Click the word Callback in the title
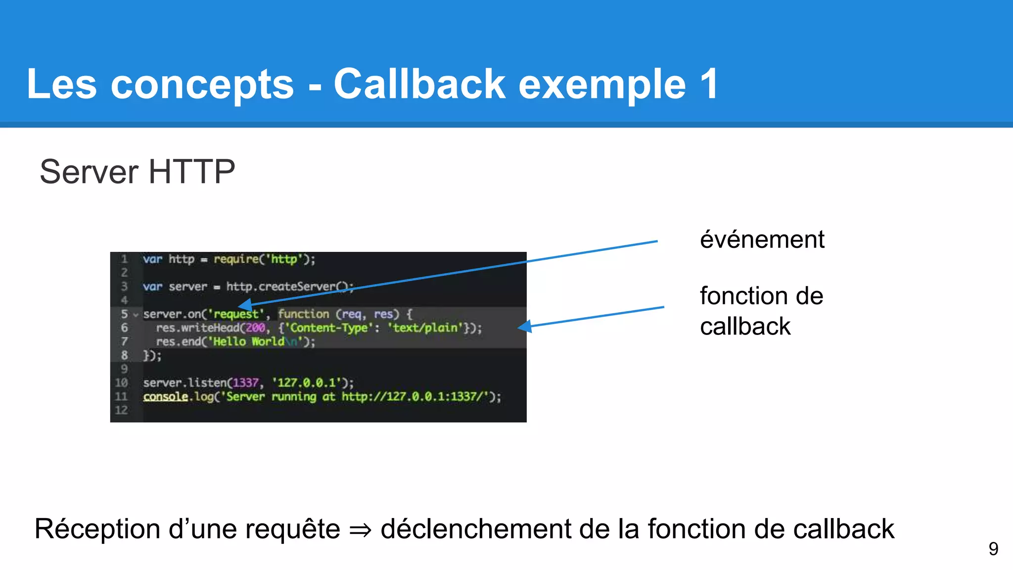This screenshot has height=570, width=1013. coord(419,84)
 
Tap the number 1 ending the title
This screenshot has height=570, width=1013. coord(708,84)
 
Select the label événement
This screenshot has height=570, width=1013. coord(762,240)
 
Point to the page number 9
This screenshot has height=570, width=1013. coord(993,549)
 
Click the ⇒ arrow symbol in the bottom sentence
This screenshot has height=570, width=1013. coord(360,530)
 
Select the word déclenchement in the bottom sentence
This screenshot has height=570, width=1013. coord(475,529)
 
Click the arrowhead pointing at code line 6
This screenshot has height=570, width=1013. coord(525,326)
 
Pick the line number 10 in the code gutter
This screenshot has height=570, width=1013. coord(121,382)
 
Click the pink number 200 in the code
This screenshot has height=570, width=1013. coord(256,328)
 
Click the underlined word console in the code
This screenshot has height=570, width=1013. coord(166,396)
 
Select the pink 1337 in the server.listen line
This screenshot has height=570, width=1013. coord(245,382)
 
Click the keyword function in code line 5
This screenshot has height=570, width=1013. coord(303,314)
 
